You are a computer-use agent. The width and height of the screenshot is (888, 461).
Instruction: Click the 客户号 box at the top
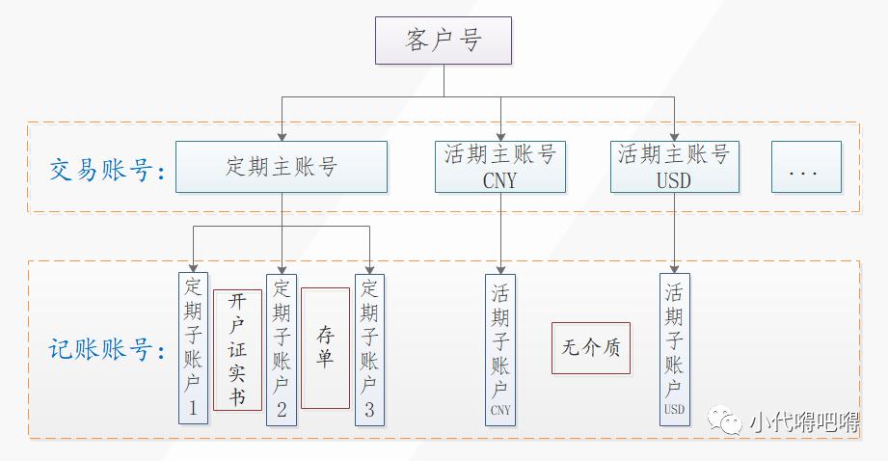443,41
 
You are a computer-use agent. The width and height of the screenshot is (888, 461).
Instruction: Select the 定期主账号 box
281,167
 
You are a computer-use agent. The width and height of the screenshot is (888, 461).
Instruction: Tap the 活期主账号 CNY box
500,167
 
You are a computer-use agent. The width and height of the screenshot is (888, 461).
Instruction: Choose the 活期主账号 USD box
674,167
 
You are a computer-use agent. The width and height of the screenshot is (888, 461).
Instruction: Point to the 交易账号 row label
106,172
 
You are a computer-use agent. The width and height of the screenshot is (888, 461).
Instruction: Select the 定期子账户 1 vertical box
193,348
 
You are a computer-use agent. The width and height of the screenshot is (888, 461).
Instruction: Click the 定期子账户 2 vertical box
281,348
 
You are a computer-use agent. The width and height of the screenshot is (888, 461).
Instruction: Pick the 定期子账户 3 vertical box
368,348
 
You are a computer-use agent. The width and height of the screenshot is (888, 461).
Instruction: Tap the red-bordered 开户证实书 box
237,349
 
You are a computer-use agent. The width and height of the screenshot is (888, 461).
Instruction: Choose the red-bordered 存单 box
325,347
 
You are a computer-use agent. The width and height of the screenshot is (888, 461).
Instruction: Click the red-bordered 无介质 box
591,348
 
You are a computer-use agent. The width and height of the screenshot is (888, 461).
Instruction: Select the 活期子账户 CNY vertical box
500,348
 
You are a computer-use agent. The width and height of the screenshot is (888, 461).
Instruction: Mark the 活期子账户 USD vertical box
674,348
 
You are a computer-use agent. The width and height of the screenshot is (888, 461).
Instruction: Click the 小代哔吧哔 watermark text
802,421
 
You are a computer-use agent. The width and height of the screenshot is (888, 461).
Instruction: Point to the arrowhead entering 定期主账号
281,136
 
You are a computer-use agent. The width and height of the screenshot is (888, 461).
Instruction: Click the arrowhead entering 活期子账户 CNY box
500,268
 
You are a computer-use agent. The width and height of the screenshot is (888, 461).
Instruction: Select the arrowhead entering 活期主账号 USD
674,136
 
